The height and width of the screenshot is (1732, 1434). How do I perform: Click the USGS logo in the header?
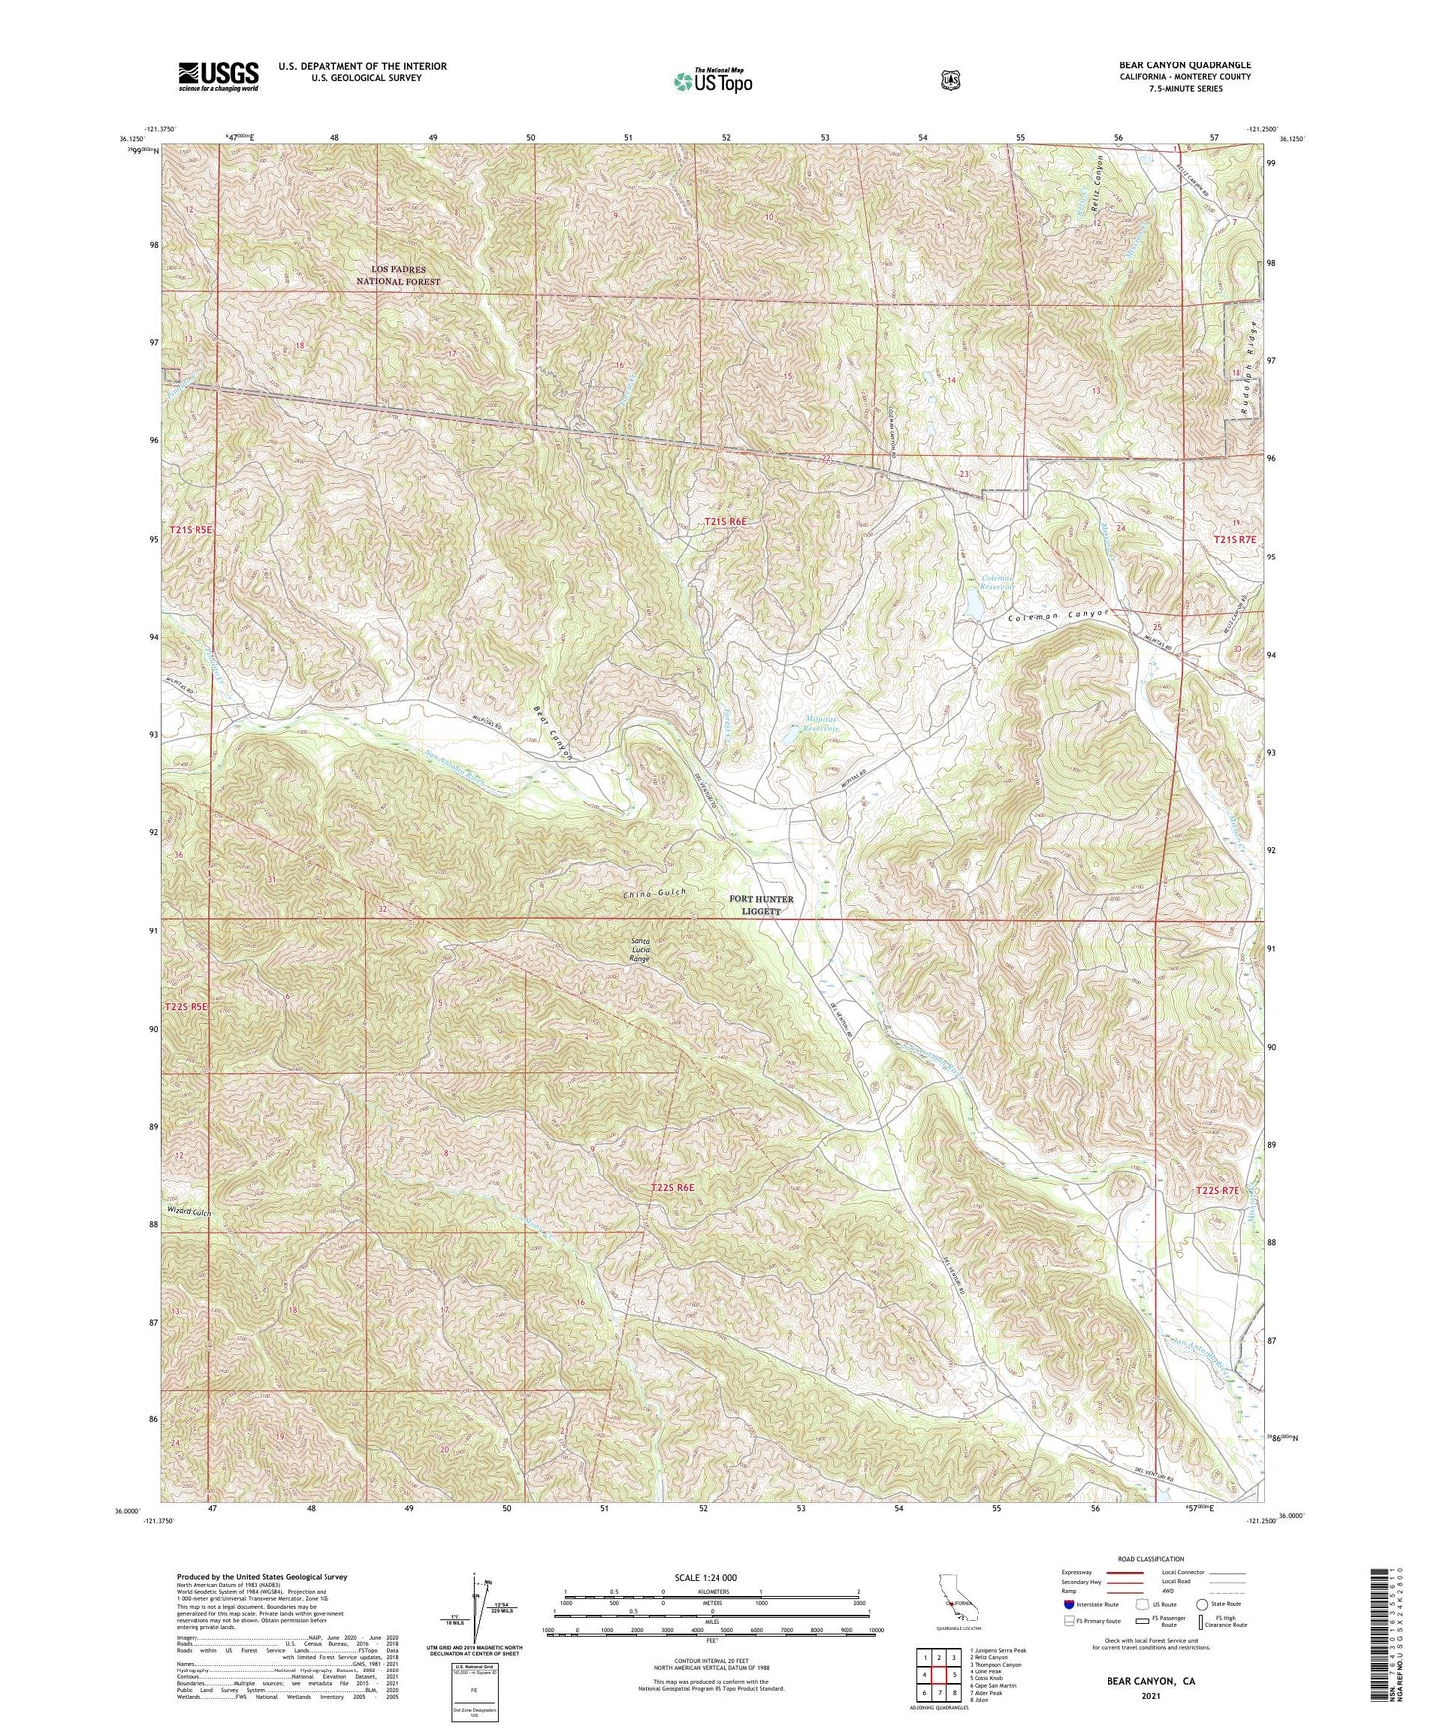218,76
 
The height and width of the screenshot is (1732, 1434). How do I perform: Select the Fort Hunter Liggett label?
762,905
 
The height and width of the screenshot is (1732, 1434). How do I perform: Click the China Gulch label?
655,893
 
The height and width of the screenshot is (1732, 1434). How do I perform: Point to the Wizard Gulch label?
191,1212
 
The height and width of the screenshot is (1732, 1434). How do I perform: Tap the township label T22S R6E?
672,1187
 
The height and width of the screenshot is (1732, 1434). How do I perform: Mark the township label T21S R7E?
1235,539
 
